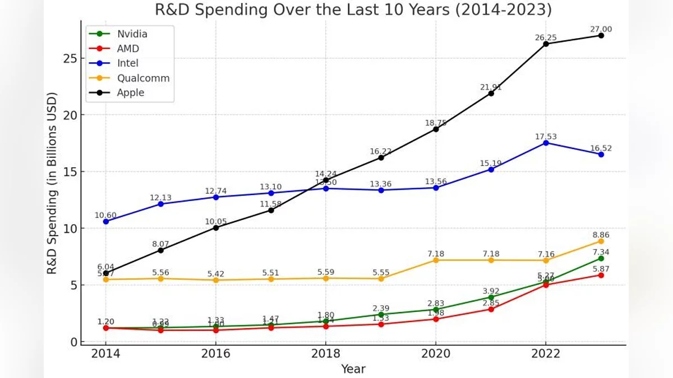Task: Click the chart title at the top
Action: [x=353, y=10]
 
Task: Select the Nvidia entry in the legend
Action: [x=132, y=34]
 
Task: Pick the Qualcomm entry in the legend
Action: [x=143, y=78]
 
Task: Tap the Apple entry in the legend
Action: [x=130, y=92]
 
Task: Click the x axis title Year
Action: [x=353, y=368]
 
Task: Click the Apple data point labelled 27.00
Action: [x=601, y=35]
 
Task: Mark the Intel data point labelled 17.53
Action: [x=546, y=143]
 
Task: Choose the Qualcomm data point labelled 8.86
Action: [x=601, y=241]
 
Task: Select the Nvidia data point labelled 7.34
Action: [x=601, y=258]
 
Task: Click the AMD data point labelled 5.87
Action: [x=601, y=275]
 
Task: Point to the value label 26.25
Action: [x=546, y=38]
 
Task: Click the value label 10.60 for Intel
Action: [x=105, y=215]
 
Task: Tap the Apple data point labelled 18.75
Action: [x=436, y=129]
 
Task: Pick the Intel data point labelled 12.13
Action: [x=160, y=204]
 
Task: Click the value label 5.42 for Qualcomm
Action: [x=216, y=274]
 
